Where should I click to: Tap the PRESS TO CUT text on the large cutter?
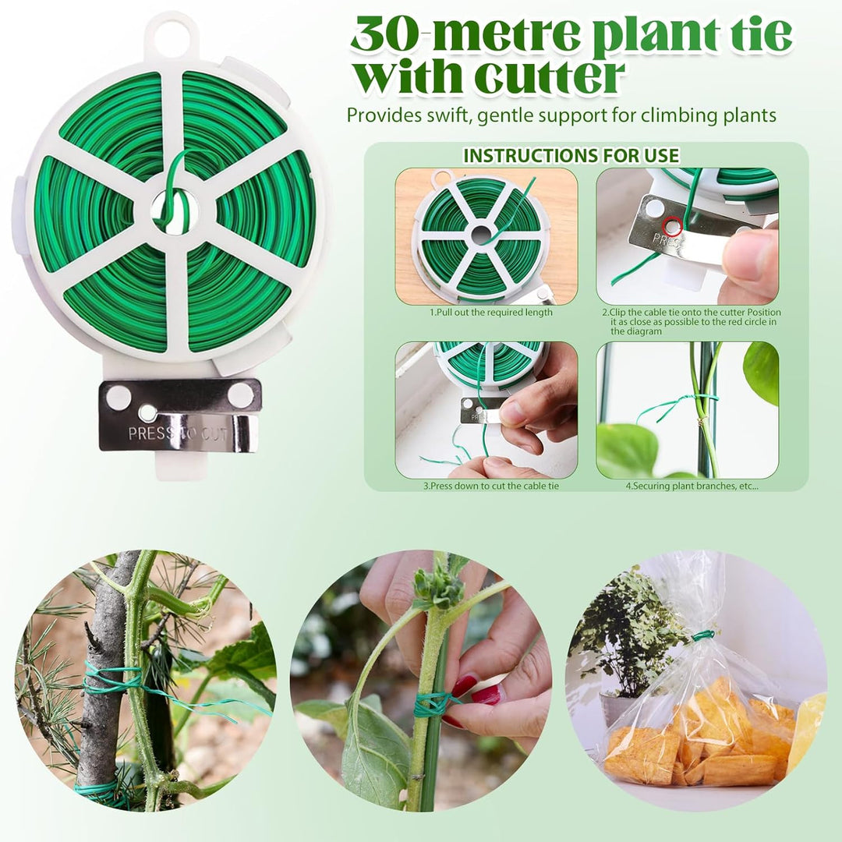pyautogui.click(x=177, y=433)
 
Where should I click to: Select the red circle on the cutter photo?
pyautogui.click(x=672, y=225)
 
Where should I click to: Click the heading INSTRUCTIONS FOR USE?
pyautogui.click(x=571, y=156)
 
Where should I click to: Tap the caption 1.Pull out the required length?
pyautogui.click(x=491, y=312)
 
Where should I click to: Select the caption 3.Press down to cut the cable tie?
pyautogui.click(x=491, y=486)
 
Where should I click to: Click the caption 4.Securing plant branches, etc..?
pyautogui.click(x=692, y=486)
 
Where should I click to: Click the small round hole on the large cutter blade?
pyautogui.click(x=147, y=413)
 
